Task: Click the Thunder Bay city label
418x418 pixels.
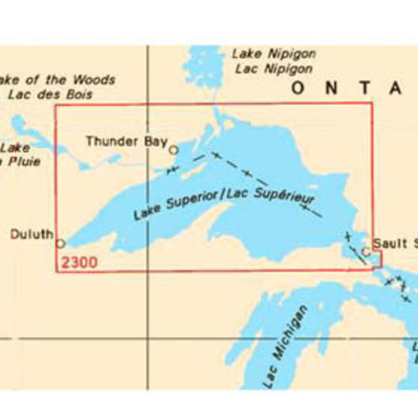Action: [126, 141]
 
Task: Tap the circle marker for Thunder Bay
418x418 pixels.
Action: [173, 150]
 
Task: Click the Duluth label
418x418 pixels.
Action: [32, 235]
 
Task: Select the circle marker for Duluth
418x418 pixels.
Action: [60, 244]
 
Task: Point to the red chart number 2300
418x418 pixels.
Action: [79, 262]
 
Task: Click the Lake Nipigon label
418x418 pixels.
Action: [273, 53]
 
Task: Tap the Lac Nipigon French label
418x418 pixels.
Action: [273, 68]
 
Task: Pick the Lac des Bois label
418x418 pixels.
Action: [51, 94]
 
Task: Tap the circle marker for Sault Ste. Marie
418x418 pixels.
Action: [366, 251]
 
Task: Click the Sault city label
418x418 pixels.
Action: [394, 243]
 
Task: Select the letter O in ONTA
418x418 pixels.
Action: [296, 89]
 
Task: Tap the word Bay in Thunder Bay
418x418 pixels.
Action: [156, 141]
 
